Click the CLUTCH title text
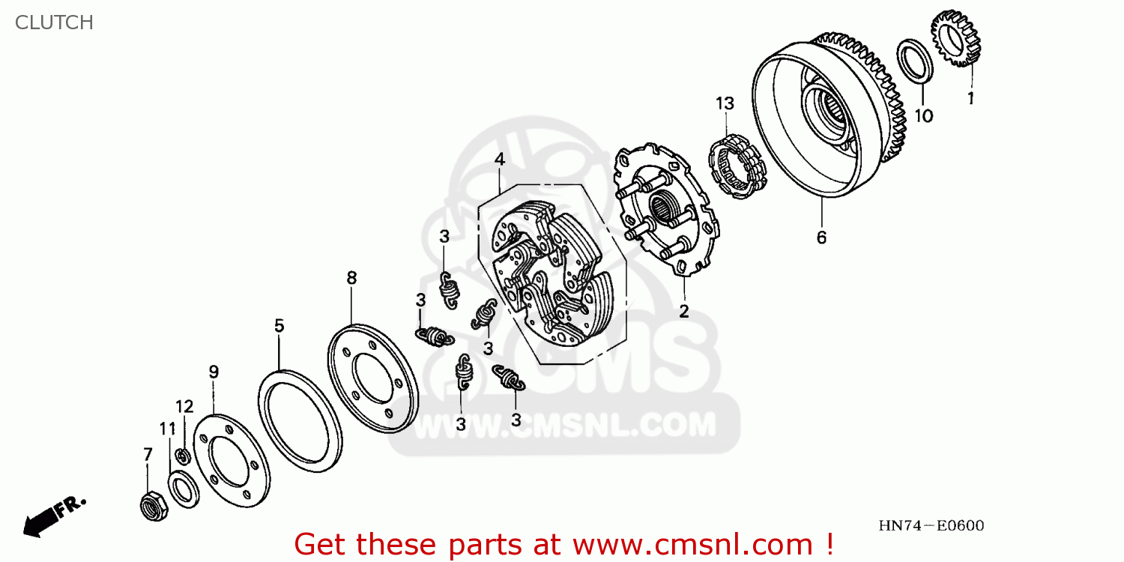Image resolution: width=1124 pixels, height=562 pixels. click(54, 22)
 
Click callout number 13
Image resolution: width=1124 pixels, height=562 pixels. click(724, 103)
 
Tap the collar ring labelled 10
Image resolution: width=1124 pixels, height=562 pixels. click(916, 60)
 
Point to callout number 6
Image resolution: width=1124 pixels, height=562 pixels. click(821, 238)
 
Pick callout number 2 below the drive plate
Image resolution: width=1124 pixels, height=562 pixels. click(683, 312)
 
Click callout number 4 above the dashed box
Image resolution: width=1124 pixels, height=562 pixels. click(499, 160)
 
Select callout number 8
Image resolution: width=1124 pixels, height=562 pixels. click(351, 278)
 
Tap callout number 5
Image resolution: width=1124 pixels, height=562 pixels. click(279, 326)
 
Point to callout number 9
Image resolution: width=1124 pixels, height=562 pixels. click(214, 371)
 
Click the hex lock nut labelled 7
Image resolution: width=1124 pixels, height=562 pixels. click(154, 505)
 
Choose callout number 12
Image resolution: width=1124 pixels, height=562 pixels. click(184, 407)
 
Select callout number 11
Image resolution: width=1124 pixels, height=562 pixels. click(167, 429)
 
